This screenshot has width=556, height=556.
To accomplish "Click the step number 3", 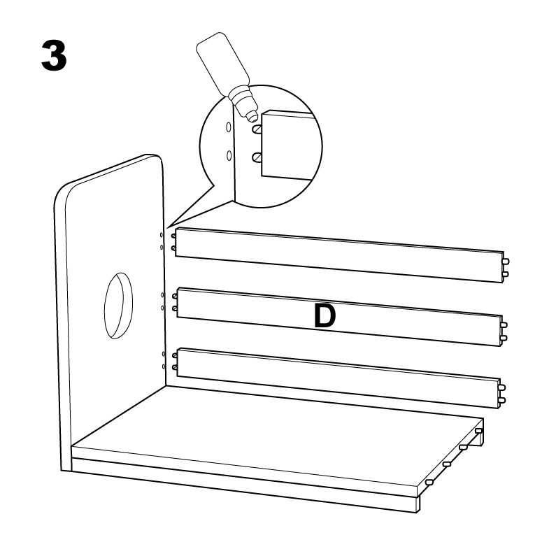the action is (54, 56).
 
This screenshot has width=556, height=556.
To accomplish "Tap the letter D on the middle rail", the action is (325, 316).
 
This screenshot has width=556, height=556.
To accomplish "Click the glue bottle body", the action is (222, 64).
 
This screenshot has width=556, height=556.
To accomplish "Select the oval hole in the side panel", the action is (118, 306).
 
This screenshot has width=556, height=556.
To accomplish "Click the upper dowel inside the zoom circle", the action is (257, 129).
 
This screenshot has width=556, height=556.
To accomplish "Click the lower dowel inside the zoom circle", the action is (257, 157).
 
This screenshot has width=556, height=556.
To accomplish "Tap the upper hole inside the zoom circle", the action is (229, 127).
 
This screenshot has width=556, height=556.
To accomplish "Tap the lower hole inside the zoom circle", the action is (229, 155).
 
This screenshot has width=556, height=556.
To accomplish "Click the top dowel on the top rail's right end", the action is (506, 262).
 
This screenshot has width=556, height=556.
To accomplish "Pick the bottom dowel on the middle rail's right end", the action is (504, 338).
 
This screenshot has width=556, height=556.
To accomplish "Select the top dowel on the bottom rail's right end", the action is (501, 387).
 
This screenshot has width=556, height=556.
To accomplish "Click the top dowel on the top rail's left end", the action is (173, 236).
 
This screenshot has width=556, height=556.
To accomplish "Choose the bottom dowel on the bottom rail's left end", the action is (175, 367).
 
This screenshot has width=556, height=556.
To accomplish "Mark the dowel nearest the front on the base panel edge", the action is (429, 483).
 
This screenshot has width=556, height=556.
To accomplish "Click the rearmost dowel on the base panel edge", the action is (478, 431).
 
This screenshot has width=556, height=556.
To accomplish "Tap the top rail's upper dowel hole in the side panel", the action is (162, 235).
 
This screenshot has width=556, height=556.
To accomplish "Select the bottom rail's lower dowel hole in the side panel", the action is (164, 366).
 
